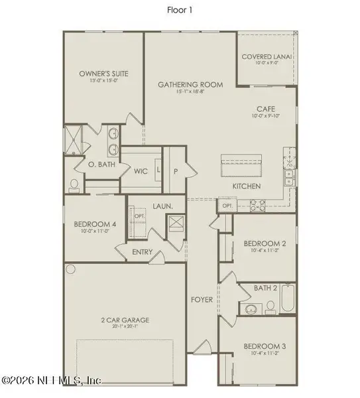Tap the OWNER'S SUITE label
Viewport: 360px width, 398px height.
[x=103, y=73]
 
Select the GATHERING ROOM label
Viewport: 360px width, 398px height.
[x=190, y=84]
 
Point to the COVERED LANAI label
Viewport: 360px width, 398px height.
[x=267, y=57]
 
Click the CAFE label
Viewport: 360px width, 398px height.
[x=267, y=108]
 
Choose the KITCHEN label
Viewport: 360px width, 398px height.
[x=246, y=186]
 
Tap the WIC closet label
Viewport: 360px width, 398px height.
[x=141, y=171]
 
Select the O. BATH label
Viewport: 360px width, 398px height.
[x=103, y=164]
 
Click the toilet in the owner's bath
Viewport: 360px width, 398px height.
[x=74, y=182]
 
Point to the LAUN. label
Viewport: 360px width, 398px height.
[x=164, y=207]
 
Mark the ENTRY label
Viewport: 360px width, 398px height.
[x=143, y=252]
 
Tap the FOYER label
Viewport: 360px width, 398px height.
[x=203, y=300]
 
